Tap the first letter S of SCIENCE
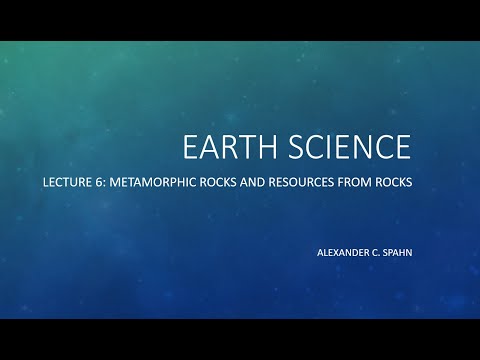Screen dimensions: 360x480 [x=293, y=146]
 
